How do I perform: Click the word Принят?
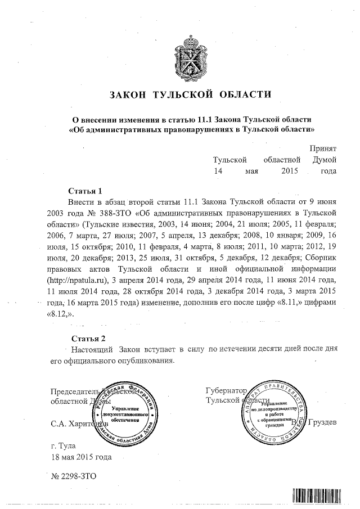(x=323, y=148)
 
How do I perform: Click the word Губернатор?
(x=226, y=390)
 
